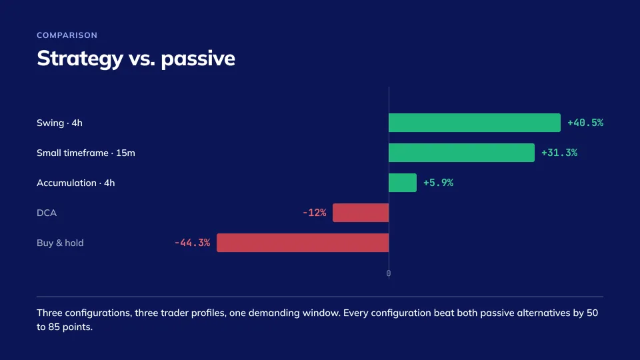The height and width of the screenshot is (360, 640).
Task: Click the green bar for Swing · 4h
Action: [475, 123]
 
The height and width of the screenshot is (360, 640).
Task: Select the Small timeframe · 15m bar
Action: [461, 153]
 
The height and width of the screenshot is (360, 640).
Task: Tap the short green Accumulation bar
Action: [403, 183]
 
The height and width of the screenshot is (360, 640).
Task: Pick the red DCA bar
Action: [361, 213]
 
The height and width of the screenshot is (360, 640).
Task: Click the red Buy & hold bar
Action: [303, 243]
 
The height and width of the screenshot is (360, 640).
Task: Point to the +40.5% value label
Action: [585, 123]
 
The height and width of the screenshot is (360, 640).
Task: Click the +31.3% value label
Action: [559, 153]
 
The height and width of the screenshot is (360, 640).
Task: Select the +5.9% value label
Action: [439, 183]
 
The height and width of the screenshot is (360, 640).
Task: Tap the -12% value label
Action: [314, 213]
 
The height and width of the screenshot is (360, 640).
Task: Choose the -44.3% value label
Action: [192, 243]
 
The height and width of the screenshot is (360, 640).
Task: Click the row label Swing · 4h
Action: [59, 123]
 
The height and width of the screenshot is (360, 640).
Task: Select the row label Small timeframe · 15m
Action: [86, 153]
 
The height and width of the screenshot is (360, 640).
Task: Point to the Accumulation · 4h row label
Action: [76, 183]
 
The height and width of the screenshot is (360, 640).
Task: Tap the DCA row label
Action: [47, 213]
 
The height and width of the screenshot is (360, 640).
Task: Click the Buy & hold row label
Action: [60, 243]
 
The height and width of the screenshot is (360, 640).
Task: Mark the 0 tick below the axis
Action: [389, 273]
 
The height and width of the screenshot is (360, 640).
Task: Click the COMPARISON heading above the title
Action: [67, 35]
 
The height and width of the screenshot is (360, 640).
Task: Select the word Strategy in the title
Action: [80, 59]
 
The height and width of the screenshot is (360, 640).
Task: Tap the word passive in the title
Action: [198, 59]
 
